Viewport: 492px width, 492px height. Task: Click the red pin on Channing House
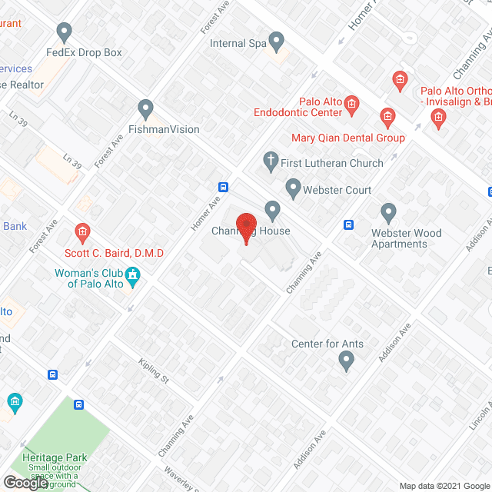245,228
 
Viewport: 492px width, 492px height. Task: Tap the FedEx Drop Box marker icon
65,32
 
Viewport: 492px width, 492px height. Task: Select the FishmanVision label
164,129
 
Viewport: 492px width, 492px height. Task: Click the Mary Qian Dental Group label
347,138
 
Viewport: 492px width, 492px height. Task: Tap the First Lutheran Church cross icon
270,161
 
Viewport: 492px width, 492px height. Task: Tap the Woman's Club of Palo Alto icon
132,274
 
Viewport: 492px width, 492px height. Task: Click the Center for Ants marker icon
347,359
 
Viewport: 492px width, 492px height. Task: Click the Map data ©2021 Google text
444,486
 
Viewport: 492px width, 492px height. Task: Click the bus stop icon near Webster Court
348,224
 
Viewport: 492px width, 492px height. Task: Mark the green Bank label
15,226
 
